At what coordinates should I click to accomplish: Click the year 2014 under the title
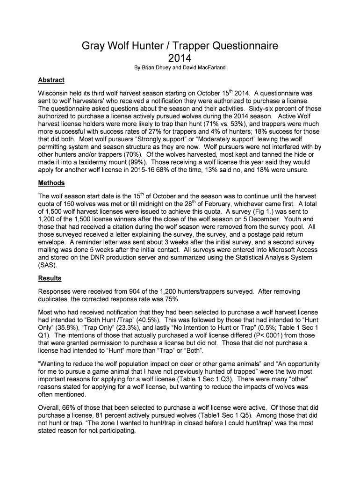coord(180,58)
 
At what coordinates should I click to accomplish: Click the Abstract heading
coord(51,80)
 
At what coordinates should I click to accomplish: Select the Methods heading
coord(51,182)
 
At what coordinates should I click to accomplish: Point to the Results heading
coord(50,278)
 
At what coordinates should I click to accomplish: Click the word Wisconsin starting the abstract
coord(56,94)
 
